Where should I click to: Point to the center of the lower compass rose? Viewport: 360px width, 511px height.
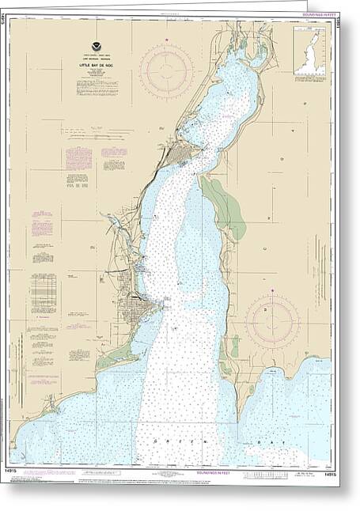271,320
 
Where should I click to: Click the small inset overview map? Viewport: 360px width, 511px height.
310,51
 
